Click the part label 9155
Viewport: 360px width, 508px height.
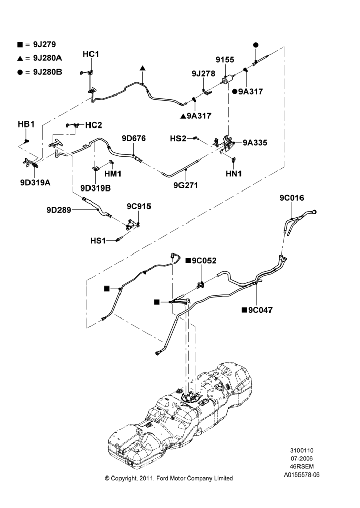pos(225,59)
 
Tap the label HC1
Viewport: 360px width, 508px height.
pos(91,54)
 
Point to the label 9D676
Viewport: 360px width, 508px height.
pos(134,138)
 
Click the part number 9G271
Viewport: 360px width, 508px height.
pos(186,185)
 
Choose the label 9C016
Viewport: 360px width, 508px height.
pos(291,198)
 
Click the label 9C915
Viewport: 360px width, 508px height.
pos(138,206)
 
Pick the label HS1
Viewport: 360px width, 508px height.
pos(98,241)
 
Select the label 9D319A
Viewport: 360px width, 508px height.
pos(36,183)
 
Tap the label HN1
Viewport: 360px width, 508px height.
pos(233,174)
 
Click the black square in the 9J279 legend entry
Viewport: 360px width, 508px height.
pos(20,45)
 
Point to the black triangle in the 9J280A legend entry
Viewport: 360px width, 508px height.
pos(20,58)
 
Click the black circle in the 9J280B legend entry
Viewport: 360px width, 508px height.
pos(20,72)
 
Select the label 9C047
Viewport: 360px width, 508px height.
pos(260,310)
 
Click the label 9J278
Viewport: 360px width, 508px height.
pos(203,74)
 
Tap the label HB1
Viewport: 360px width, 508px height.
pos(26,124)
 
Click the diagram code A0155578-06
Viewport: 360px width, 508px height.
pos(302,475)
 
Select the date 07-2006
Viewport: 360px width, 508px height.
pos(302,458)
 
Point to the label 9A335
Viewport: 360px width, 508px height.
pos(255,143)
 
